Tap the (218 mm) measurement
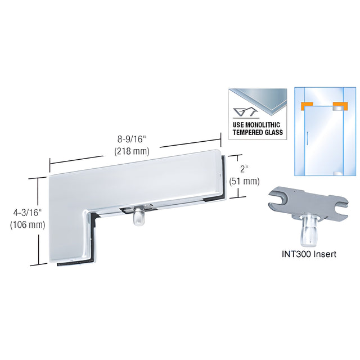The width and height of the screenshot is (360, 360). (132, 151)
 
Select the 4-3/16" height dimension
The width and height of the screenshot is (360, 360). (27, 213)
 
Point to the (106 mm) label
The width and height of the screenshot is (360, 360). (28, 225)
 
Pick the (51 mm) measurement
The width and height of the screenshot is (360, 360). (244, 181)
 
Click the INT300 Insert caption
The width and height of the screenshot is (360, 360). (309, 254)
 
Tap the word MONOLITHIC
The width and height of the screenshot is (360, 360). (263, 125)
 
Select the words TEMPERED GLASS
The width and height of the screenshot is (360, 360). (258, 132)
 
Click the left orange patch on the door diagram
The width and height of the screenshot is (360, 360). (307, 105)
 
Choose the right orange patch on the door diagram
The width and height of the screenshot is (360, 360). (340, 106)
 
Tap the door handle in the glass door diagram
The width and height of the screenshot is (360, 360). (307, 139)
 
